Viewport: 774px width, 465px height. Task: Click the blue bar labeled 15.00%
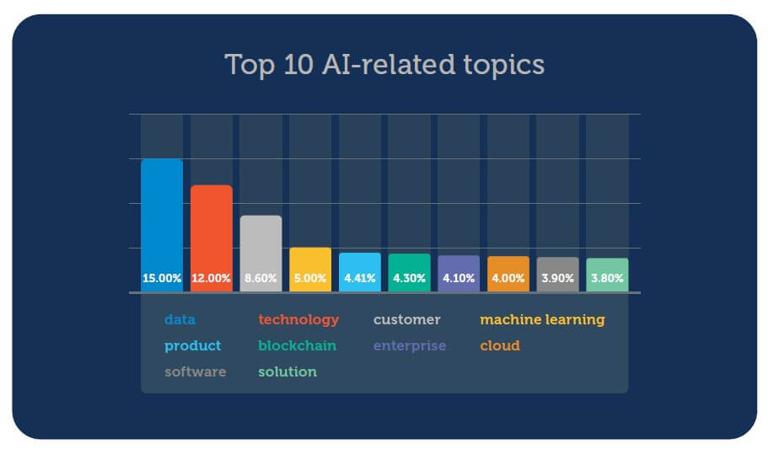click(x=161, y=223)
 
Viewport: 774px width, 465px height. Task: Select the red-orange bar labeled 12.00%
click(x=211, y=236)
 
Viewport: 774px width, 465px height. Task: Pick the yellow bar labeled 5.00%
click(x=310, y=267)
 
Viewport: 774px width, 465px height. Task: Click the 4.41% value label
click(x=360, y=278)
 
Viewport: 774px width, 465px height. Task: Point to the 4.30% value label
click(x=410, y=278)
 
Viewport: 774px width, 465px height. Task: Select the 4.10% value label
click(x=459, y=278)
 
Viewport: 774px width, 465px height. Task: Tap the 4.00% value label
click(x=508, y=278)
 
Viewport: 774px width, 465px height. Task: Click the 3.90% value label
click(x=558, y=278)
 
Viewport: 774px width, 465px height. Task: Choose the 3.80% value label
click(x=607, y=278)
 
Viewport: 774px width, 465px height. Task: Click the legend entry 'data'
click(x=180, y=320)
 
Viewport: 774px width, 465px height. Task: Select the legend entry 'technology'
click(x=298, y=320)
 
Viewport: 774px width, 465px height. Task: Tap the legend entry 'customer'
click(x=406, y=320)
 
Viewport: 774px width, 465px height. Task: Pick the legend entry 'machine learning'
click(x=542, y=320)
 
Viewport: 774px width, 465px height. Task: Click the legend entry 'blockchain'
click(x=297, y=346)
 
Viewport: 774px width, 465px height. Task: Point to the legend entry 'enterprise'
click(x=410, y=346)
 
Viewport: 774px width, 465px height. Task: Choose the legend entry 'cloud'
click(x=500, y=346)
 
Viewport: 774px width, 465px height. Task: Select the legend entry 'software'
click(x=196, y=372)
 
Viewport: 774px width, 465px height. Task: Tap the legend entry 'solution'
click(x=288, y=372)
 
